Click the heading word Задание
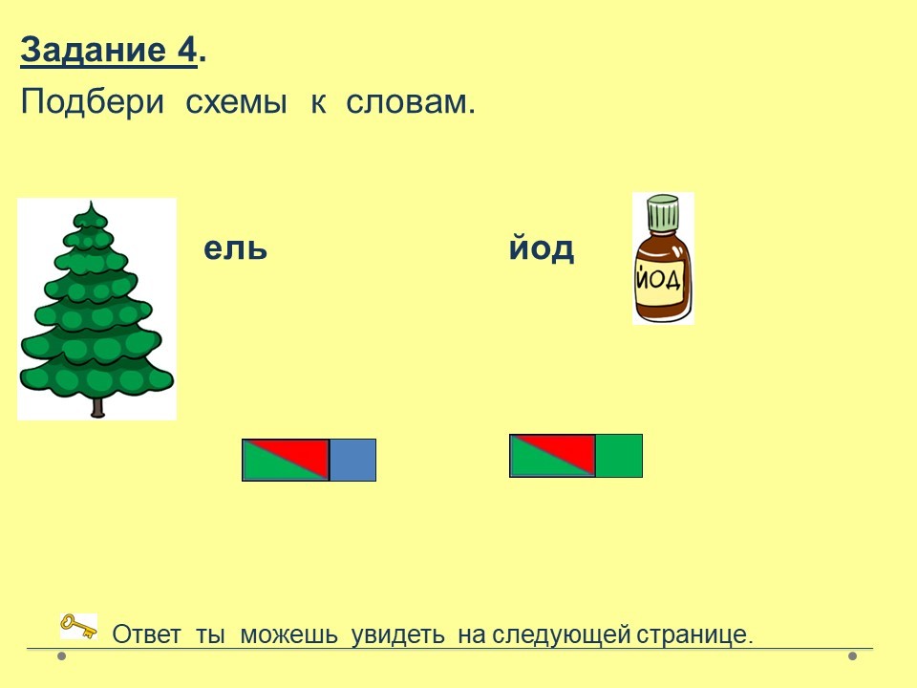pos(94,50)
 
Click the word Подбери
pos(93,102)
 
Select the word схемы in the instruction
pos(236,103)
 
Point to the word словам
pos(410,102)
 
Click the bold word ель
pos(235,248)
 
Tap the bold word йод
pos(541,247)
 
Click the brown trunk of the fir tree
pos(97,406)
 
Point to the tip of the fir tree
pos(91,202)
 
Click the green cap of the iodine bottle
pos(663,213)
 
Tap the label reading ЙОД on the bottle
pos(658,279)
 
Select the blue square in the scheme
pos(352,460)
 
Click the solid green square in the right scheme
pos(619,455)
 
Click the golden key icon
pos(79,626)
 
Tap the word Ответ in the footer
pos(146,634)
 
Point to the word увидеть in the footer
pos(397,635)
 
